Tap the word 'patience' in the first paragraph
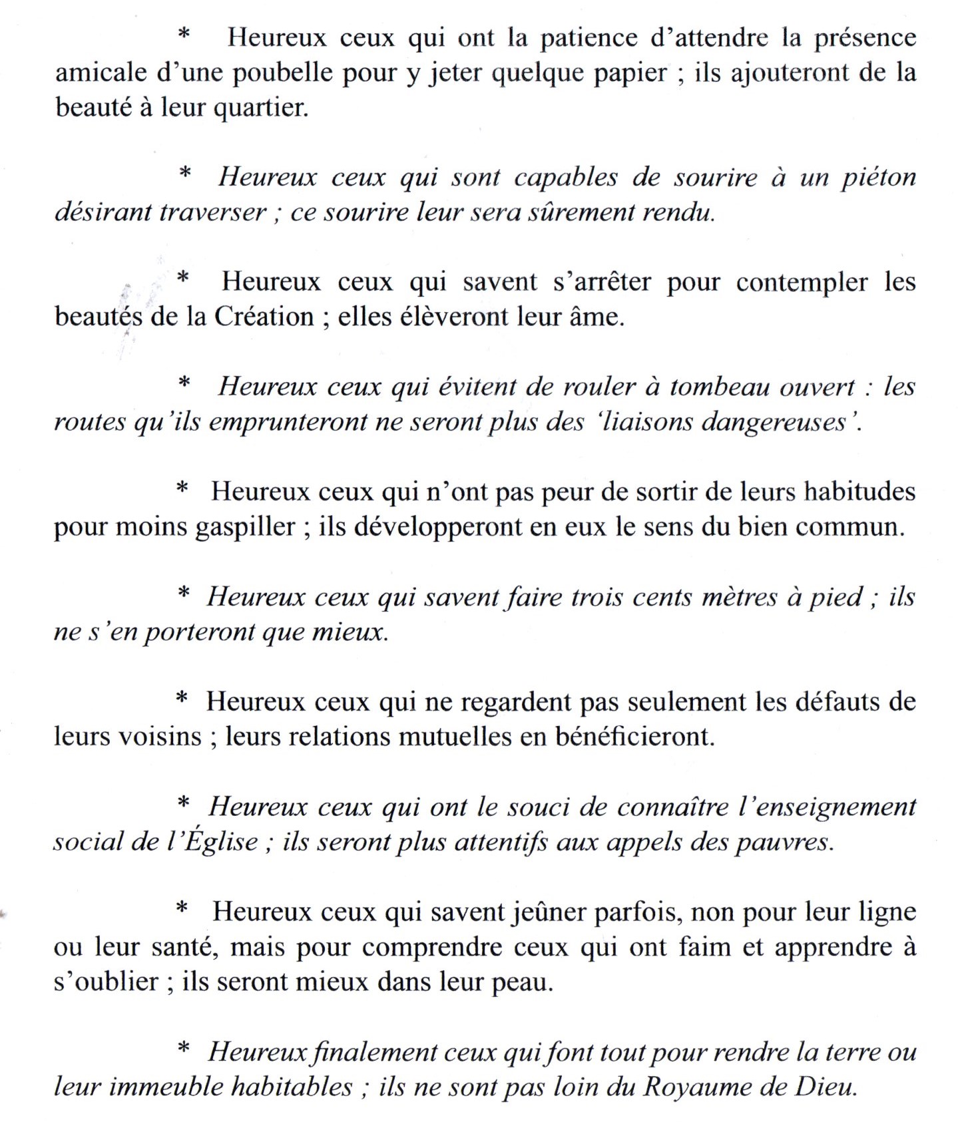point(587,39)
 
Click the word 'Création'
point(264,317)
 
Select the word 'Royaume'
point(695,1087)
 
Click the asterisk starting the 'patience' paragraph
point(185,34)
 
